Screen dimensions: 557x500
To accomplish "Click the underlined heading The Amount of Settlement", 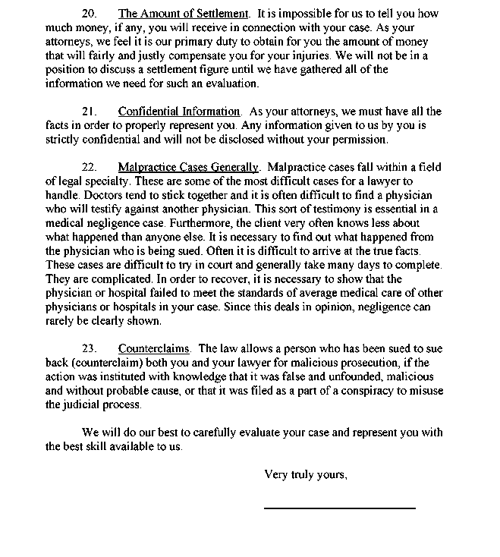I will coord(184,14).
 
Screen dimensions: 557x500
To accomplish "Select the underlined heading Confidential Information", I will coord(179,112).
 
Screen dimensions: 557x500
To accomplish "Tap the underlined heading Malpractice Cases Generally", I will coord(189,167).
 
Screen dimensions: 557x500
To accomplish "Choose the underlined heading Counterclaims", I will coord(154,349).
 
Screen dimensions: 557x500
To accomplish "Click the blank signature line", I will coord(339,507).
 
